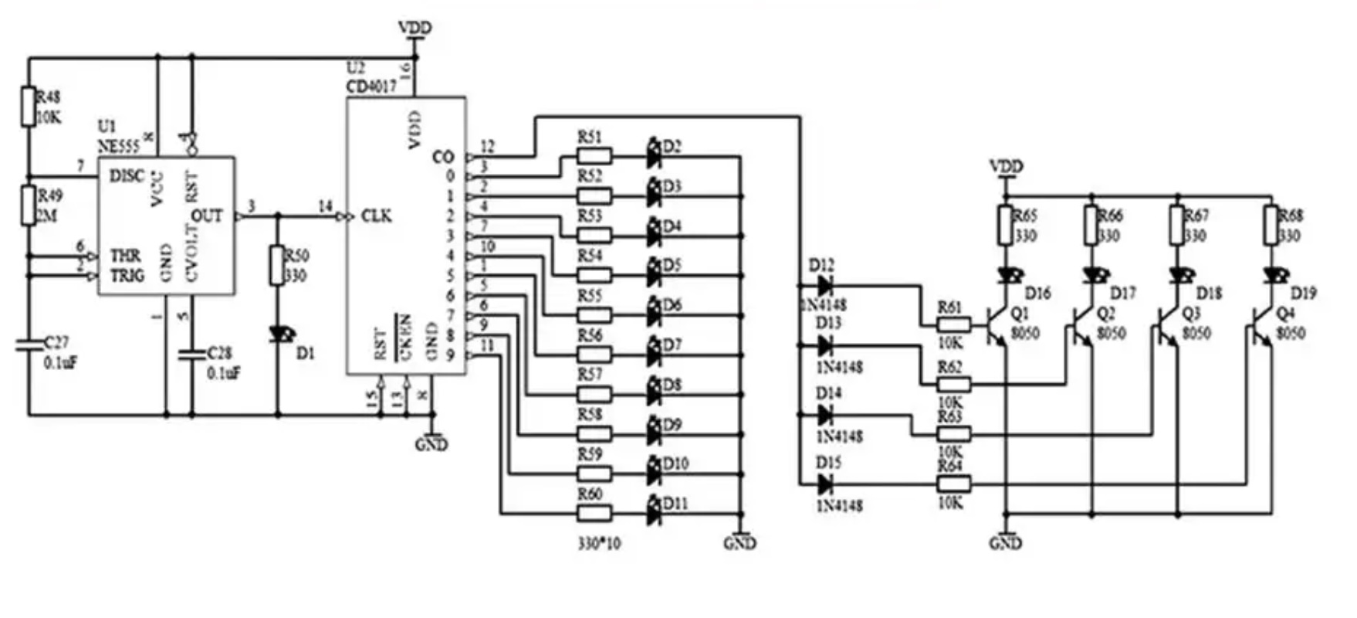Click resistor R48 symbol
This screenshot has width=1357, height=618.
click(x=29, y=107)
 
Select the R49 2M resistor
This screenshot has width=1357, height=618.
click(x=29, y=205)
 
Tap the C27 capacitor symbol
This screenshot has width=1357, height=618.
click(x=29, y=345)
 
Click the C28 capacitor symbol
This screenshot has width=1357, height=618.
click(x=191, y=356)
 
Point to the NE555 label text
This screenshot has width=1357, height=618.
click(x=117, y=145)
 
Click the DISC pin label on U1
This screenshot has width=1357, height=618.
click(x=127, y=176)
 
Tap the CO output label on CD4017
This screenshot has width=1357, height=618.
click(x=442, y=157)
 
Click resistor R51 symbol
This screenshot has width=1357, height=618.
click(x=594, y=157)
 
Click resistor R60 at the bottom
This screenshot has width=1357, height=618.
click(x=594, y=512)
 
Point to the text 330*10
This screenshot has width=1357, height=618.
click(x=599, y=543)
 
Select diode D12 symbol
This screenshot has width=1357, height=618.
click(x=824, y=286)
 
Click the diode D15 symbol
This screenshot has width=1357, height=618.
click(x=824, y=484)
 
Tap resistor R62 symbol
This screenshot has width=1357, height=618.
click(x=953, y=384)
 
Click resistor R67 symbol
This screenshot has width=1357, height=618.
click(x=1177, y=225)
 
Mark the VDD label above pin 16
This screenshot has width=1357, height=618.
click(x=415, y=28)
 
